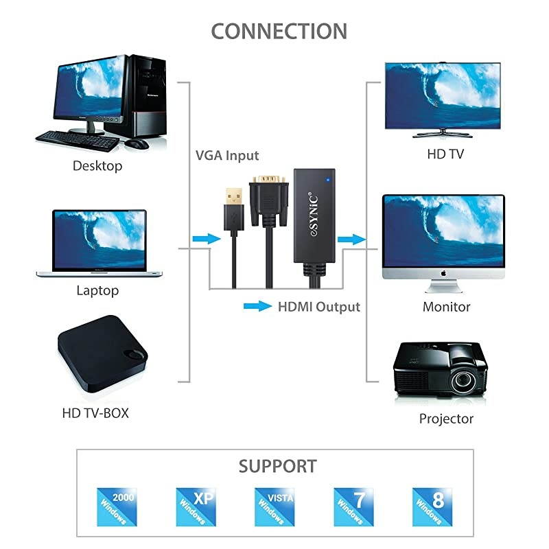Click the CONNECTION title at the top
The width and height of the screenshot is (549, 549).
pos(279,32)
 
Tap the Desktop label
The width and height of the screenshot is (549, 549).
pos(97,165)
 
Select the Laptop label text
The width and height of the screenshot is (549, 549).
pos(97,290)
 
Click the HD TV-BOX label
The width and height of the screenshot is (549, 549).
pos(95,413)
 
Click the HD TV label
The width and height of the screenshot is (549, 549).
pos(445,154)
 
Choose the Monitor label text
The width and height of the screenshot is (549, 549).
pos(446,307)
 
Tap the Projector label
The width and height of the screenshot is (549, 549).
pos(446,418)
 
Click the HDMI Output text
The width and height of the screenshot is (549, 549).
pos(318,307)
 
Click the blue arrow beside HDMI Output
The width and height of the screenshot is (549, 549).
pos(257,307)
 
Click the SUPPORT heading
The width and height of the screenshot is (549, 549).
pos(278,467)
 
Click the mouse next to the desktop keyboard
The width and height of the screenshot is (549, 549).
pos(137,143)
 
